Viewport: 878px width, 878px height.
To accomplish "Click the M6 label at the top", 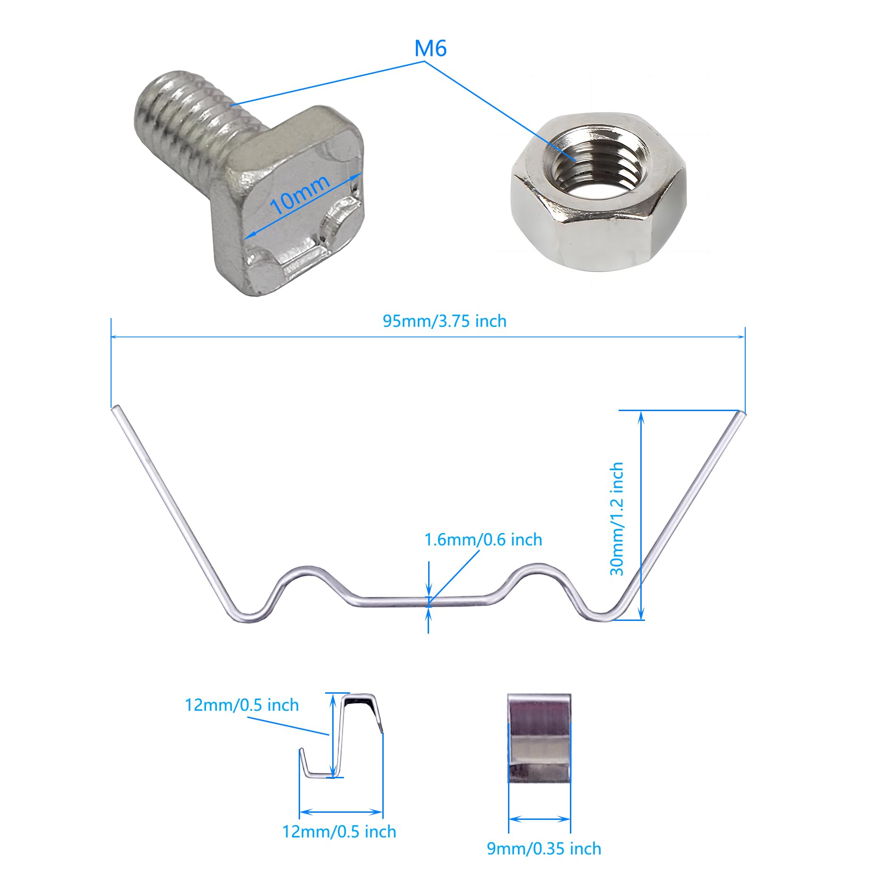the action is [430, 48].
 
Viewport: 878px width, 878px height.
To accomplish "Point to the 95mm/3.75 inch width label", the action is [444, 321].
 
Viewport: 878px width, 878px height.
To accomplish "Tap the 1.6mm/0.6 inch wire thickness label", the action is [483, 540].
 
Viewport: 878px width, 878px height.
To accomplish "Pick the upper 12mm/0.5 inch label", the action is [241, 705].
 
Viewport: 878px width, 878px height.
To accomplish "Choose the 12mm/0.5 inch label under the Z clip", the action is [339, 832].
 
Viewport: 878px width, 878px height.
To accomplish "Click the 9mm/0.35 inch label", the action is [544, 849].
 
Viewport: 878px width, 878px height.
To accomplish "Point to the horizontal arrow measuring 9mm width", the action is [539, 819].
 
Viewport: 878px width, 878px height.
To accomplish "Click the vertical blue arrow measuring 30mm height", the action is [641, 515].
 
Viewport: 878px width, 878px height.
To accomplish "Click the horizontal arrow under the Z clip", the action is [341, 812].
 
